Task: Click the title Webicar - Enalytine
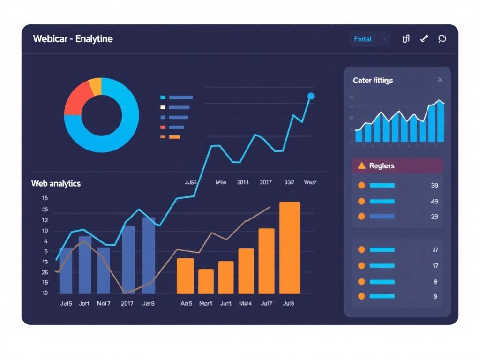(73, 39)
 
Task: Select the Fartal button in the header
(363, 39)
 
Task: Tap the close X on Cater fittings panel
(440, 80)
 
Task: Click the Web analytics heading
(56, 184)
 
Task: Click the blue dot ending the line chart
(310, 96)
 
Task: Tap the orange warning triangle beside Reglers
(361, 166)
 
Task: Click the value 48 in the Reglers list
(434, 202)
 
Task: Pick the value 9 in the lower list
(435, 297)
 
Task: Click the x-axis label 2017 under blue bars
(127, 304)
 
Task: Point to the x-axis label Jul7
(266, 304)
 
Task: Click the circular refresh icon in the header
(442, 39)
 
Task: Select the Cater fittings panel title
(373, 81)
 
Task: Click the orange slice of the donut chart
(95, 86)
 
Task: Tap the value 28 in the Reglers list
(434, 217)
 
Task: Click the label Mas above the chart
(221, 182)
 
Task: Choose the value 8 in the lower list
(435, 282)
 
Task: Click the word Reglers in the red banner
(382, 166)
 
